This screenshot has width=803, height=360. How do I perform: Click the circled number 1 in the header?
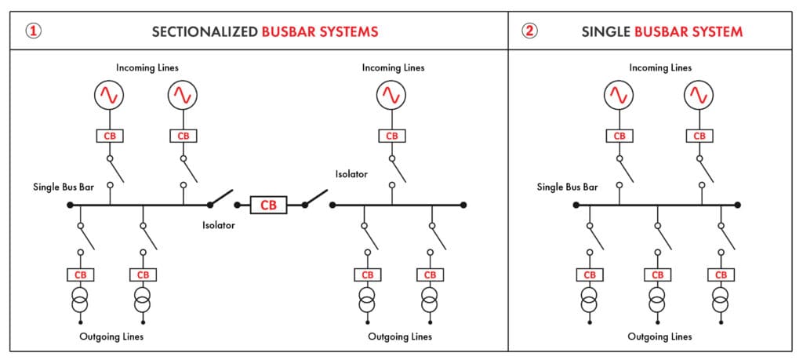33,32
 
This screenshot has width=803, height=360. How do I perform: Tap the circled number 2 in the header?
531,32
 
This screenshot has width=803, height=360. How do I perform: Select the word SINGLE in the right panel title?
606,32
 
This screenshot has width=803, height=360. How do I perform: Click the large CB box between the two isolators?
268,205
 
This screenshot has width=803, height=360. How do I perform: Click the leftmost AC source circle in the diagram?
110,96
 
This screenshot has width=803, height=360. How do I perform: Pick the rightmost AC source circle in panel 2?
699,96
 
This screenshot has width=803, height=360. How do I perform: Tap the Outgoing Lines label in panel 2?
659,336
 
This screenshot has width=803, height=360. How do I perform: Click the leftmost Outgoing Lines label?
111,336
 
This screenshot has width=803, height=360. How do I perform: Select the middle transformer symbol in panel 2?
657,300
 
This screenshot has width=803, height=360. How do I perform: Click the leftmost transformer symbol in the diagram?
79,300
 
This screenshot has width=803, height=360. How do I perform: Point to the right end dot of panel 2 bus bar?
738,205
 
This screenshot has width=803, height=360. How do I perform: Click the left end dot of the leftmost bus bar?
70,205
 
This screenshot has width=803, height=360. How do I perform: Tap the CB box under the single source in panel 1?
391,136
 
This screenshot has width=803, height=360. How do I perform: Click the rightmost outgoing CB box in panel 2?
721,275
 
